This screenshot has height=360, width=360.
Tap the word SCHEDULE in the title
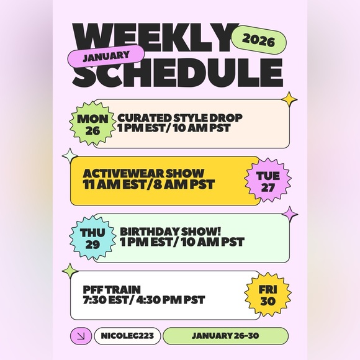179,73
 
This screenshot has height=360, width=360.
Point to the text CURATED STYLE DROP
179,117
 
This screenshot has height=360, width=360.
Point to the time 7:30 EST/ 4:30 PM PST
143,300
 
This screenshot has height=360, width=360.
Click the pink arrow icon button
80,336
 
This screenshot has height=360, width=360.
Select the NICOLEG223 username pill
127,336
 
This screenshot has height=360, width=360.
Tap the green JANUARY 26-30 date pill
225,336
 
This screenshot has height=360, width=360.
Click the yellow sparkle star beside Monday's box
288,99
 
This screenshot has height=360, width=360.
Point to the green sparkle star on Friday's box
71,271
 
